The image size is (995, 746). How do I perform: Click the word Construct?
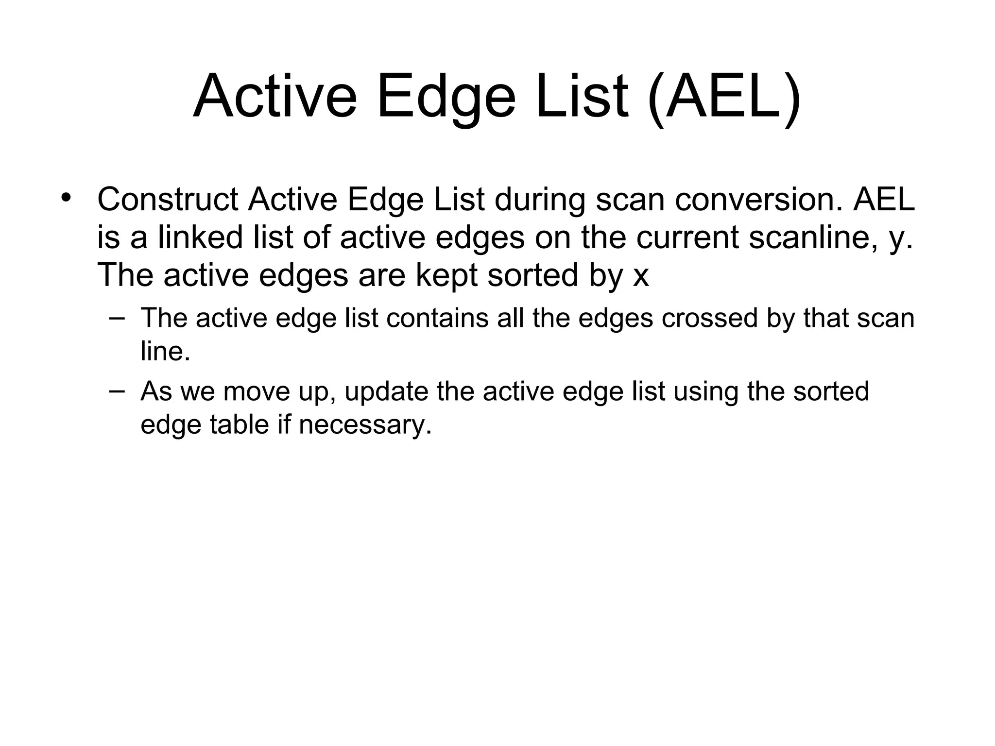pyautogui.click(x=168, y=200)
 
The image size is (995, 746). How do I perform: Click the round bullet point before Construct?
pyautogui.click(x=67, y=198)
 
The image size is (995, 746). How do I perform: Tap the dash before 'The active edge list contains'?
pyautogui.click(x=117, y=319)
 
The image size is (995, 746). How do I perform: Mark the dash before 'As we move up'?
pyautogui.click(x=117, y=391)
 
